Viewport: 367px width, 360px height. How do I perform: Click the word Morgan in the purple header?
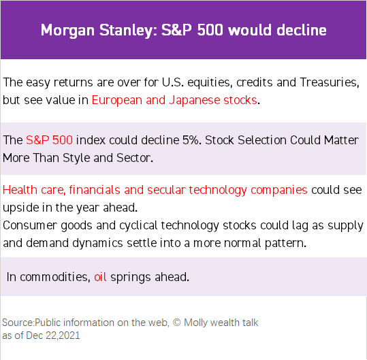(67, 31)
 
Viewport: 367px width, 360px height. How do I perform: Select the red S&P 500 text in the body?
(49, 140)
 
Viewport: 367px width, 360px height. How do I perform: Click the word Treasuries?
(330, 82)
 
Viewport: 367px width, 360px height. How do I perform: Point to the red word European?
(117, 101)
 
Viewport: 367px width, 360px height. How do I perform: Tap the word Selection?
(262, 140)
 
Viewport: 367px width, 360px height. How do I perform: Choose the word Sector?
(135, 158)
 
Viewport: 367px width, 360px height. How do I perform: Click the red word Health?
(20, 190)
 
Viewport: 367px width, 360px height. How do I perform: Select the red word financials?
(95, 190)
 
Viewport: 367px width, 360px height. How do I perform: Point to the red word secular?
(166, 190)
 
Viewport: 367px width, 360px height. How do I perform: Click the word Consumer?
(30, 225)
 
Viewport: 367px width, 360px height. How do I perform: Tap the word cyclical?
(138, 226)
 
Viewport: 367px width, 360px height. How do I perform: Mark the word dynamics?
(97, 244)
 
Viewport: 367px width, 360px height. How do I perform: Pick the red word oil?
(100, 277)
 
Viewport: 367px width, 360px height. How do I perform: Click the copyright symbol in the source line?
(177, 323)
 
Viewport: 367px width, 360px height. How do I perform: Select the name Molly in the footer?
(195, 323)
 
